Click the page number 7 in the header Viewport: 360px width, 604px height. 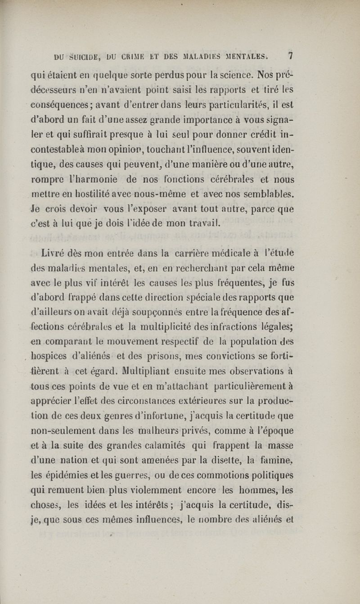[x=291, y=56]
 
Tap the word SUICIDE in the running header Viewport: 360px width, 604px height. [x=86, y=57]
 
